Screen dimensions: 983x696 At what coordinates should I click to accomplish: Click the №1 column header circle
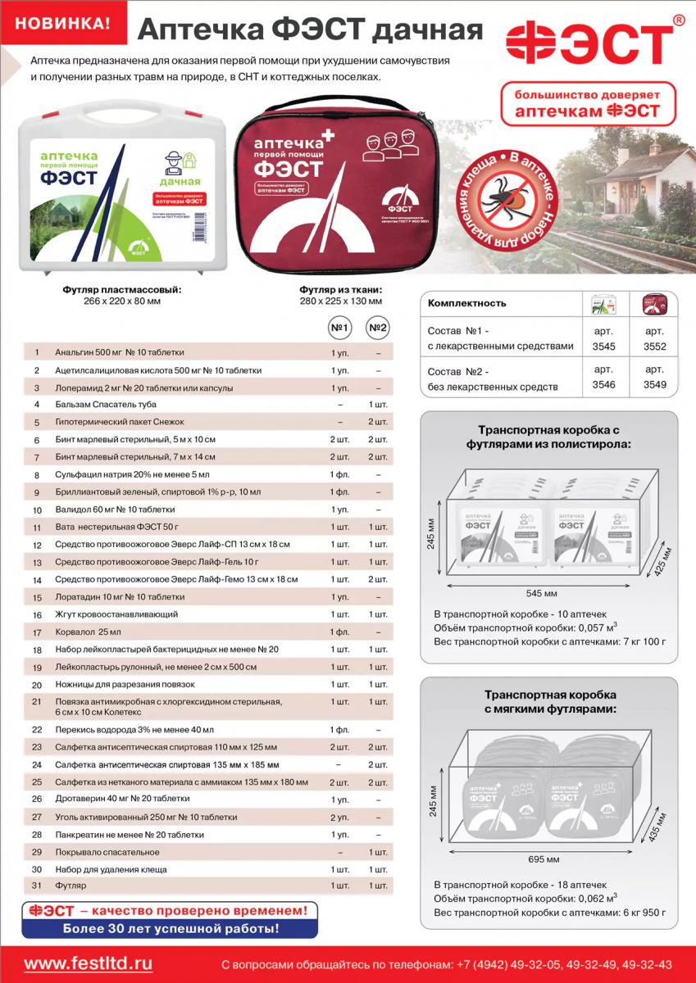tap(339, 328)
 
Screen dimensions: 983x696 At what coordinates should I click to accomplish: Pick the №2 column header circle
tap(377, 328)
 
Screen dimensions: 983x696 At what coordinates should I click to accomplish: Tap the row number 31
tap(36, 886)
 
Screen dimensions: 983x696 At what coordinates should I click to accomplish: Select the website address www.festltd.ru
tap(89, 963)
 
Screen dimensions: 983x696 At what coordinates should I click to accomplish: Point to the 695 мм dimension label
tap(544, 859)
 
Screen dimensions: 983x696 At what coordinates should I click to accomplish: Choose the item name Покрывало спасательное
tap(107, 852)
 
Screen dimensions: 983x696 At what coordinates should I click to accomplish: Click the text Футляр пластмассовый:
tap(122, 290)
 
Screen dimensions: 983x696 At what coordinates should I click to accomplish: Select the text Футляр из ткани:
tap(341, 290)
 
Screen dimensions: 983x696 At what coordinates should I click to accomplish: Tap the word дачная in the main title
tap(426, 31)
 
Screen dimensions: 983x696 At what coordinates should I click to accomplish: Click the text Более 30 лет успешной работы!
tap(171, 929)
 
